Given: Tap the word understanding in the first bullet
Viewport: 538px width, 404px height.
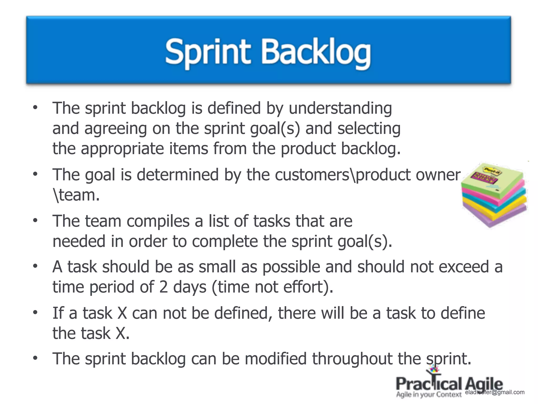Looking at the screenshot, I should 340,108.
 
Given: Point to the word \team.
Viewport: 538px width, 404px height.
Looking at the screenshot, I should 76,195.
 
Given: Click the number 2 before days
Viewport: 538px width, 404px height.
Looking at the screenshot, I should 163,287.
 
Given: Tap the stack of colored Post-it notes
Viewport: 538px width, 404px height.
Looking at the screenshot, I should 494,195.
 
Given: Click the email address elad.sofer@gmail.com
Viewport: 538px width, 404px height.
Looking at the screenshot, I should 495,392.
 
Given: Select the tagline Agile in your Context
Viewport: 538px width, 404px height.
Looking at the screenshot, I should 429,395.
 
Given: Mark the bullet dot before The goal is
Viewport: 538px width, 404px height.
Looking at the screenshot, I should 35,174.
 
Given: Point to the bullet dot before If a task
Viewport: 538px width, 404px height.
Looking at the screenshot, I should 35,312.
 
